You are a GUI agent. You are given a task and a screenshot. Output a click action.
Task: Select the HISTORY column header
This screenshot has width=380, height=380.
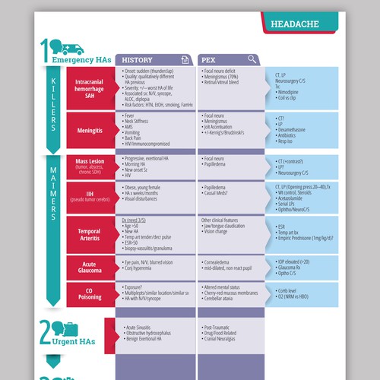(x=138, y=59)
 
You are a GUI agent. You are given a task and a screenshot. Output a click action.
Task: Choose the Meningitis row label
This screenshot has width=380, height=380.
(x=90, y=131)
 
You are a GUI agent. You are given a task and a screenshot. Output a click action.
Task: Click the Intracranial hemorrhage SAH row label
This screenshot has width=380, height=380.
(x=90, y=87)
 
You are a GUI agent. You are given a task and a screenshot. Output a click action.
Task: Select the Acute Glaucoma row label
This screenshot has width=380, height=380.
(x=90, y=268)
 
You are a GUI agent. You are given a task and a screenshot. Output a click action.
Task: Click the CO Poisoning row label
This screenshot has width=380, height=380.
(x=90, y=294)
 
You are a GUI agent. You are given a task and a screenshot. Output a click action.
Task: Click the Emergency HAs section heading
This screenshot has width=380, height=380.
(x=76, y=59)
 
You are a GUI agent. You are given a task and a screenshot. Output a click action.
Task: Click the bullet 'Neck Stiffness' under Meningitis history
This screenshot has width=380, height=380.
(x=141, y=120)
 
